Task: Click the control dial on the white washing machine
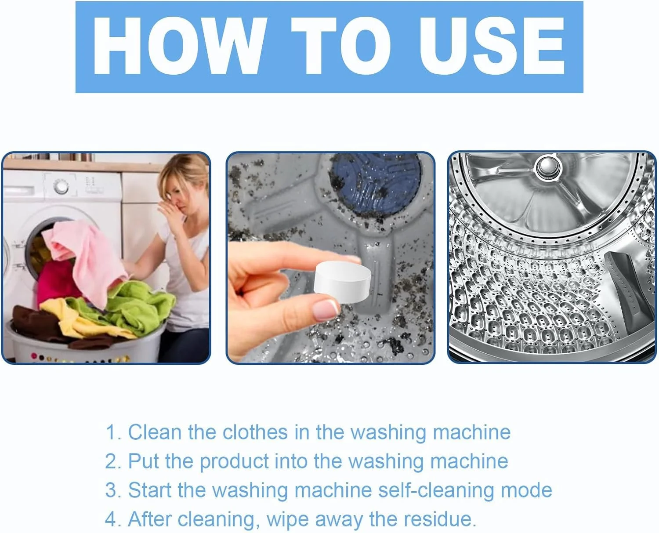coord(61,187)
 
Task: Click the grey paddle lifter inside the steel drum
coord(628,288)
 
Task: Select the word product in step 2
coord(234,462)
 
